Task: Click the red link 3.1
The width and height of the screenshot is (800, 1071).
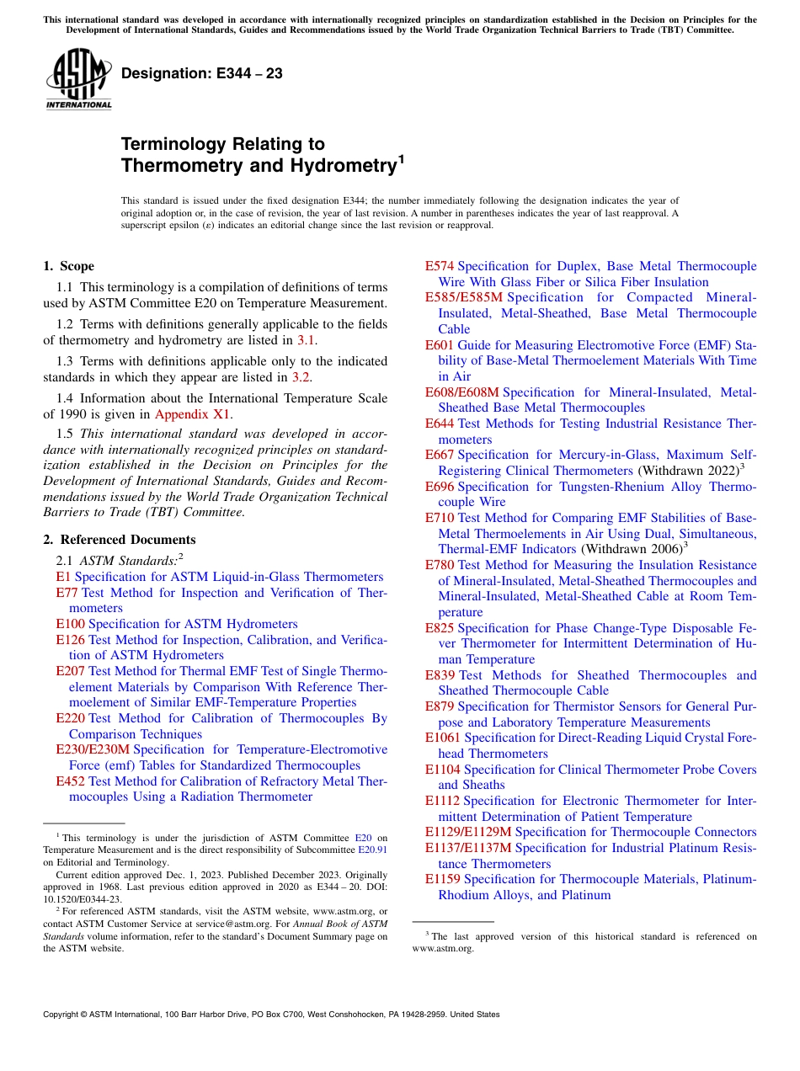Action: click(307, 340)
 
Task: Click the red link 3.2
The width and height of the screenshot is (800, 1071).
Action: click(301, 377)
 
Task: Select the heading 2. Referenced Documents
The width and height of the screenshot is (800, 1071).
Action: click(120, 540)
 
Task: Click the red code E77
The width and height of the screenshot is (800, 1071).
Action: click(67, 593)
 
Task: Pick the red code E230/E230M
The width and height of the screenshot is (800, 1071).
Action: click(93, 749)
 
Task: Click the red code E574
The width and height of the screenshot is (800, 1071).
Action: click(440, 266)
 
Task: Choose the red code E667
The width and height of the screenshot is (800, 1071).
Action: click(440, 455)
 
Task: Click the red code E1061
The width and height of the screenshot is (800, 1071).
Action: click(443, 738)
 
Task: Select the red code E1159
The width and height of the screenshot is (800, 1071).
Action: click(443, 879)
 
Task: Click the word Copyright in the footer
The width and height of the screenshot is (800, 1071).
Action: click(63, 1015)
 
